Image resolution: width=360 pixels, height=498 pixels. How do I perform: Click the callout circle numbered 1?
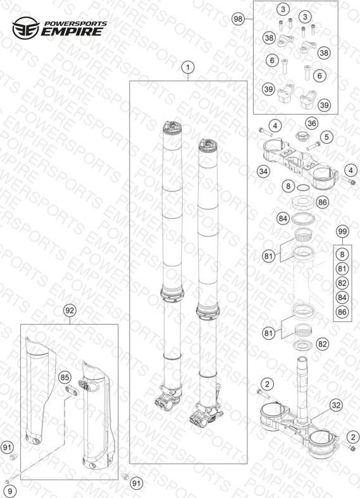(188, 67)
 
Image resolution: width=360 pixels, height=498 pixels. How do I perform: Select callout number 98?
(238, 19)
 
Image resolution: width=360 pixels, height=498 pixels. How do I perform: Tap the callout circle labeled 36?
(311, 123)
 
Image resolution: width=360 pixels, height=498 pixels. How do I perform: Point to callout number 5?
(326, 137)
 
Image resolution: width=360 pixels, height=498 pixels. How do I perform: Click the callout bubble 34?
(263, 171)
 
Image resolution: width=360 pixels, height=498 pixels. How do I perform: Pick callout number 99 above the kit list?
(342, 231)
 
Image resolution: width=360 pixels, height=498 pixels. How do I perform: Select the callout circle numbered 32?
(335, 405)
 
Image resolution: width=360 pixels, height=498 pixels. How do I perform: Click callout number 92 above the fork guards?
(69, 310)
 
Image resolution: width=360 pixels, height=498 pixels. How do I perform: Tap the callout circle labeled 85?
(65, 377)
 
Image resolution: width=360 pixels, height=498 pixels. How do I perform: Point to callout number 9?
(10, 491)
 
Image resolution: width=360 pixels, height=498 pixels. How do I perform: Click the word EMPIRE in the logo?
(72, 32)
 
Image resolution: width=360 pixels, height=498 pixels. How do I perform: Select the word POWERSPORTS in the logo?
(75, 24)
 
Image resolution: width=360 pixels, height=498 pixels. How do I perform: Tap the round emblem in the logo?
(26, 28)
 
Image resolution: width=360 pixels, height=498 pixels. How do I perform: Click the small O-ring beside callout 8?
(303, 188)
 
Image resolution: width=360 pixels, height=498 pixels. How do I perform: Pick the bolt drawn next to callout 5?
(313, 146)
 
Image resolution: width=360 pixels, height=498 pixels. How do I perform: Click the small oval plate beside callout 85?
(71, 390)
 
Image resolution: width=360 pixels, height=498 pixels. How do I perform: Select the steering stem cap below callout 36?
(300, 137)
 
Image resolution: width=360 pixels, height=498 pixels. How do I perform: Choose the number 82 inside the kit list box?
(342, 283)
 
